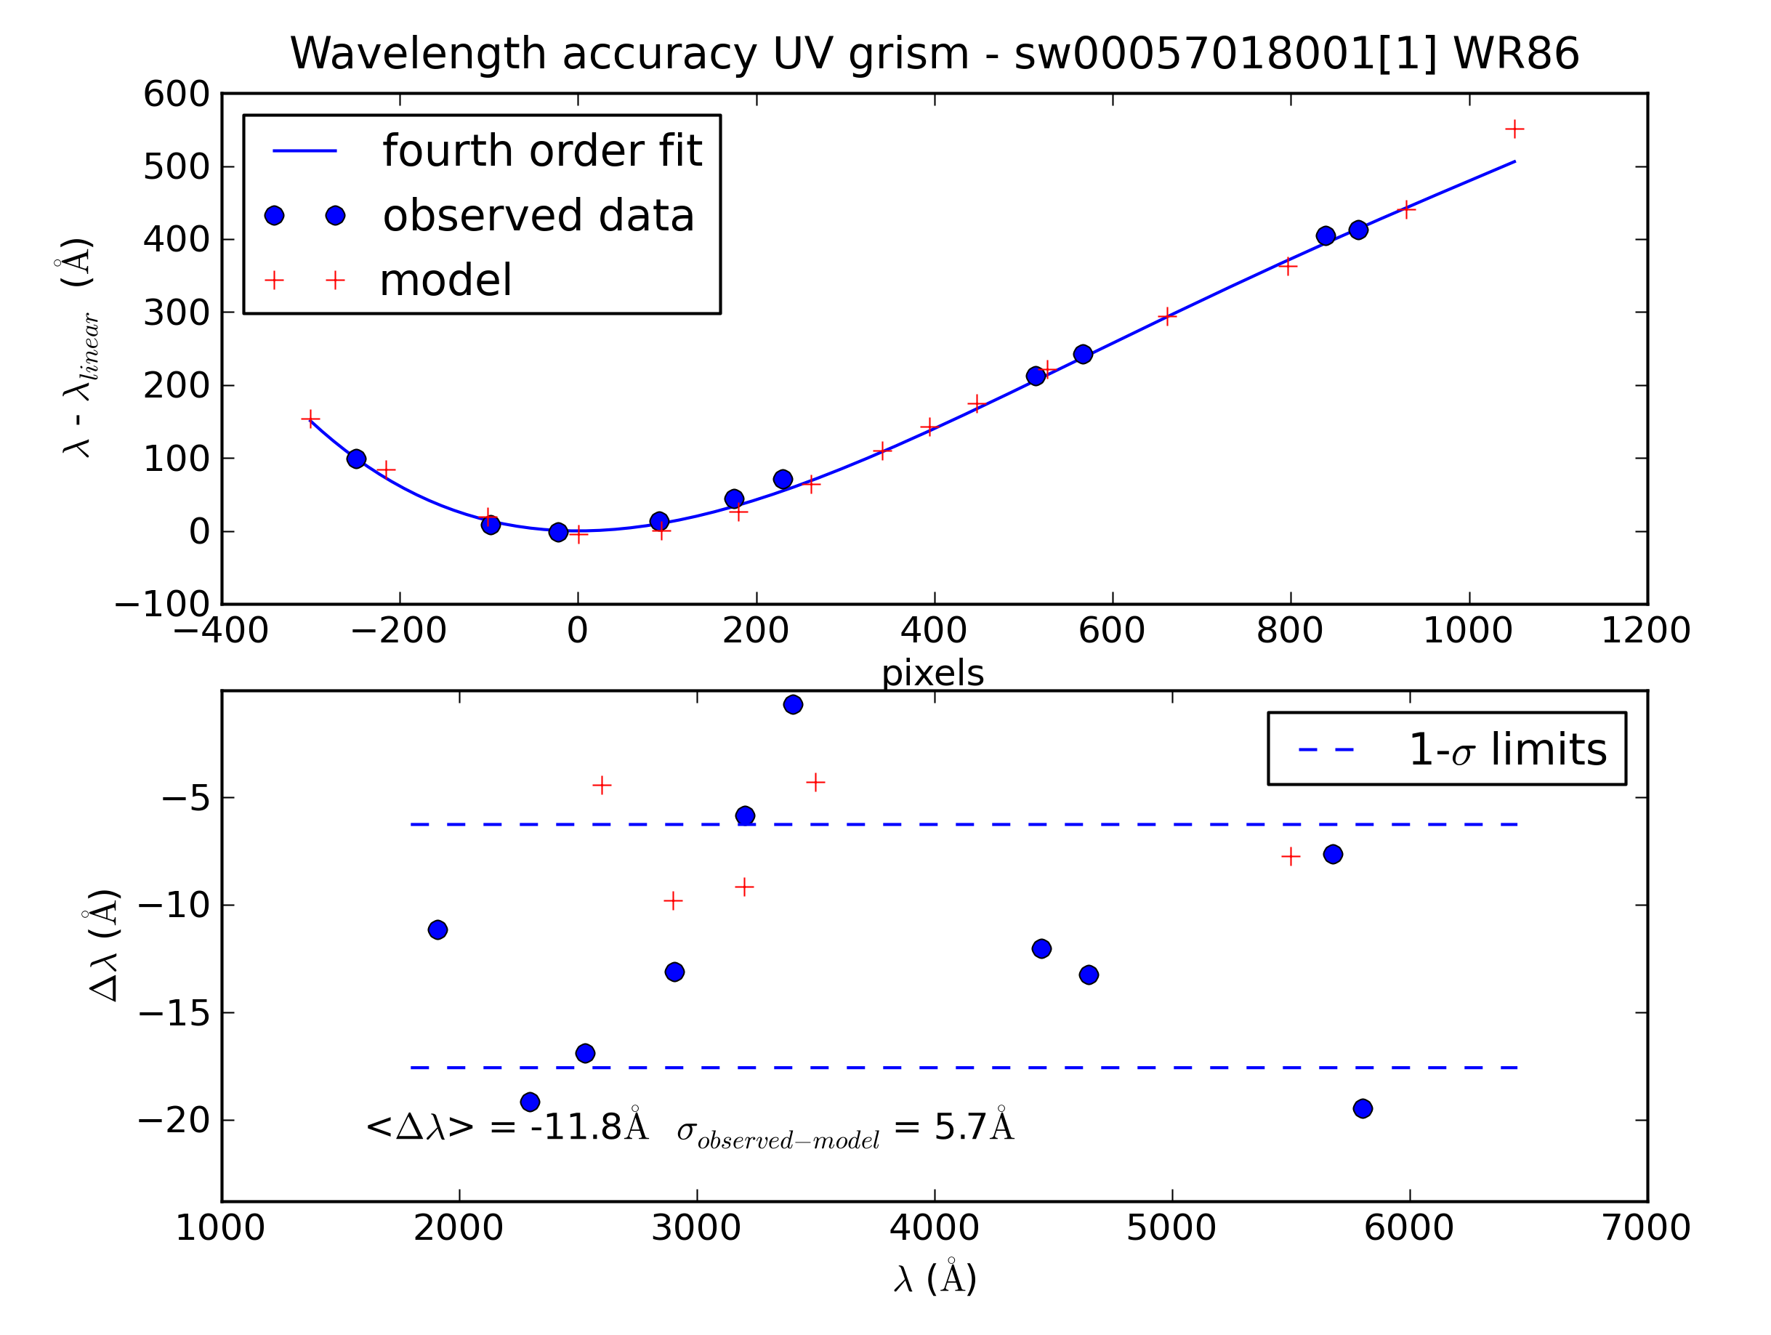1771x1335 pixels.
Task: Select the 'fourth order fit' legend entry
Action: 541,151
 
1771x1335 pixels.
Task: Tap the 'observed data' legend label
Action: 538,217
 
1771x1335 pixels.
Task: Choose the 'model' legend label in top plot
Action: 445,281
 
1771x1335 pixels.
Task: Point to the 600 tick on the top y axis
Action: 176,95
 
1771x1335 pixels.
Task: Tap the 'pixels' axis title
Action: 933,674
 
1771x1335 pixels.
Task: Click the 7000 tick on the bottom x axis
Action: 1645,1228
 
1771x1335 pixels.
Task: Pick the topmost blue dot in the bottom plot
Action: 794,705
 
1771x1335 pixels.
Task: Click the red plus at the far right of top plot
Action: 1514,129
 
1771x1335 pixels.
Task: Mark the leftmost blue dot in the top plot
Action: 356,459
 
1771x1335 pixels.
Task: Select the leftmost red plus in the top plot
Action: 310,419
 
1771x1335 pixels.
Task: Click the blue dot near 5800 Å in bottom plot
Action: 1363,1109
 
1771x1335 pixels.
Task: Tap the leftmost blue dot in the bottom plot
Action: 437,929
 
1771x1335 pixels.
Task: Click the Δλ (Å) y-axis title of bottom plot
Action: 104,945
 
